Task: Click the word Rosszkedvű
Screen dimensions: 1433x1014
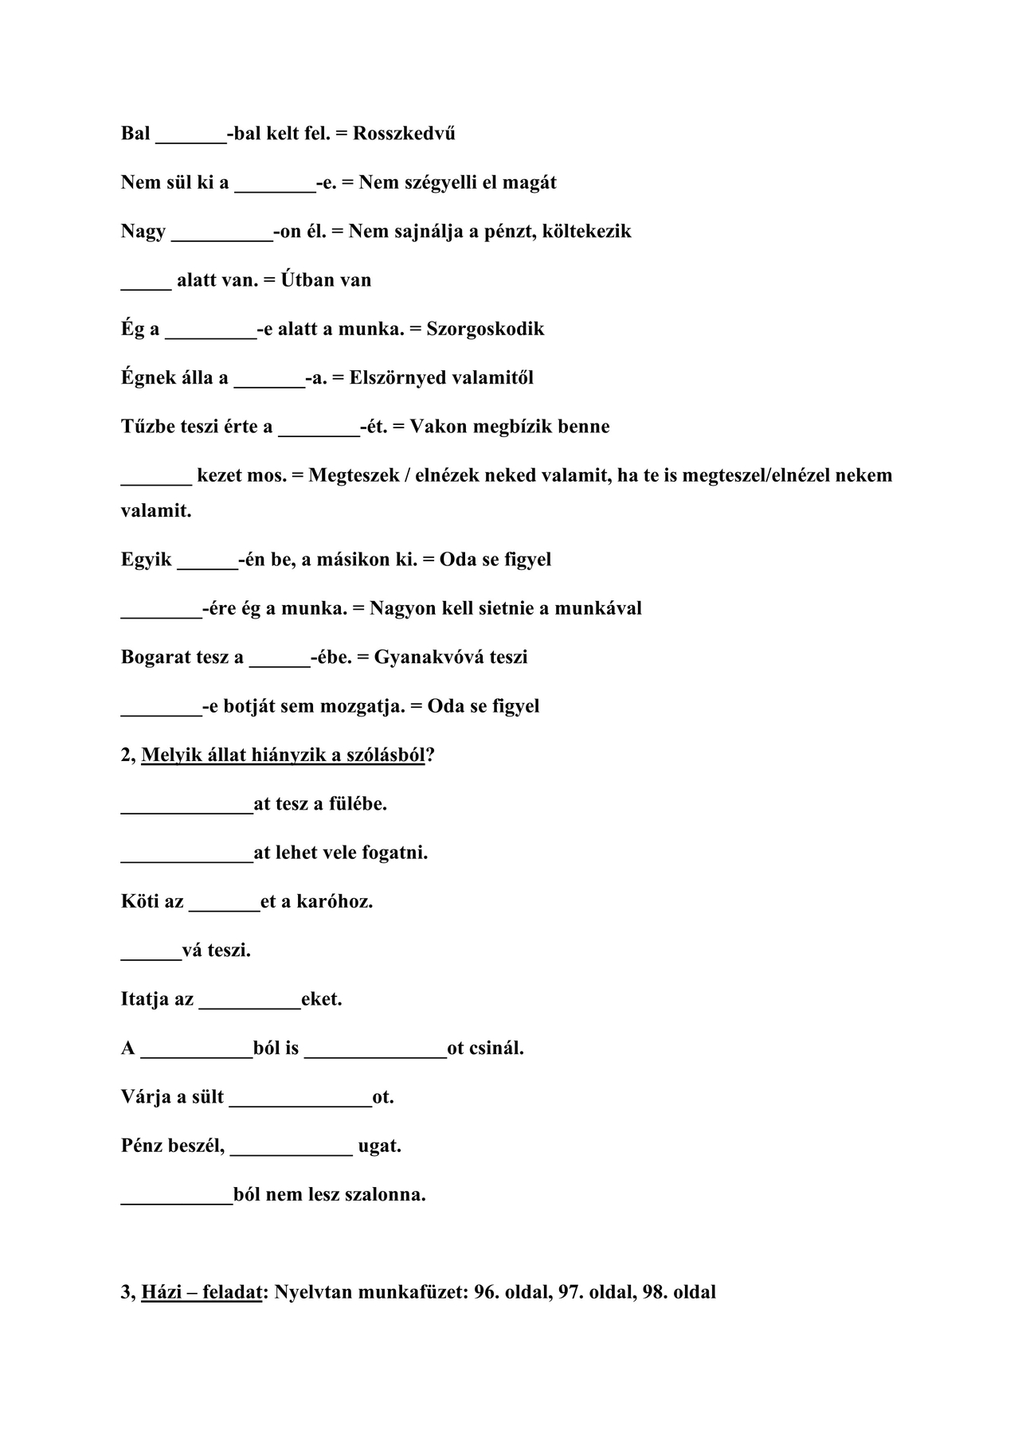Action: tap(404, 133)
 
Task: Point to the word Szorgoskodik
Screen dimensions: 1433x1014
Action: tap(485, 329)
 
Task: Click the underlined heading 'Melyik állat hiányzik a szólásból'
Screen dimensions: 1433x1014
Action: tap(283, 755)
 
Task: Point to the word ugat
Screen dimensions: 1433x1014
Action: tap(379, 1146)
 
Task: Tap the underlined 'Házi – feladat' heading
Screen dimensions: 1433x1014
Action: tap(202, 1291)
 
